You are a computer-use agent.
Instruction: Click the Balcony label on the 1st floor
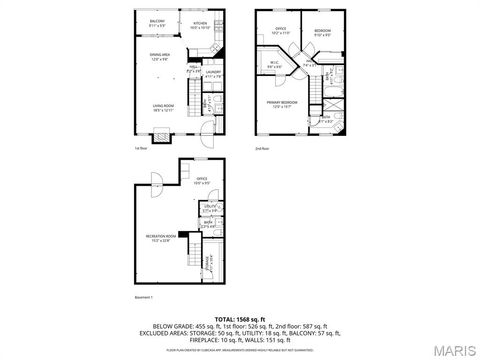click(x=157, y=22)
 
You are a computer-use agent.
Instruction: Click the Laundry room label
click(x=212, y=73)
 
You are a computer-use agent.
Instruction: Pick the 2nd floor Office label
click(x=281, y=31)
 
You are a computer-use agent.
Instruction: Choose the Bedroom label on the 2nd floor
click(x=322, y=31)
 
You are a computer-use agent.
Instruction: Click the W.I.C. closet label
click(x=274, y=65)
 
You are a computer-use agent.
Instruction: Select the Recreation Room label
click(x=160, y=238)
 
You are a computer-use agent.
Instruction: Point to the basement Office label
click(x=201, y=181)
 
